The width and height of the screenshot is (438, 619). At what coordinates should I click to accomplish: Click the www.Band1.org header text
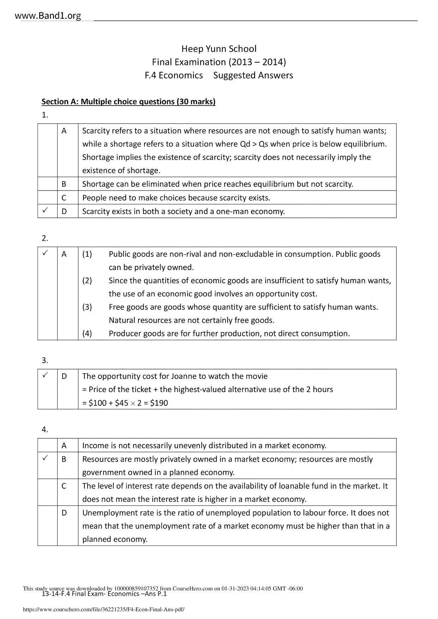pyautogui.click(x=48, y=16)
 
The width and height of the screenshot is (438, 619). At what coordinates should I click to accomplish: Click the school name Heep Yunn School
pyautogui.click(x=219, y=49)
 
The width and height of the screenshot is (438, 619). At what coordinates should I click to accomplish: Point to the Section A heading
pyautogui.click(x=128, y=102)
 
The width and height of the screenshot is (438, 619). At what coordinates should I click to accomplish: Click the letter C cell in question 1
pyautogui.click(x=64, y=198)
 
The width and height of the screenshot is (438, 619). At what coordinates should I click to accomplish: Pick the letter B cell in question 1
pyautogui.click(x=64, y=184)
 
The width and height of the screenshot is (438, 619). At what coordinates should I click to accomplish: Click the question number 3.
pyautogui.click(x=45, y=360)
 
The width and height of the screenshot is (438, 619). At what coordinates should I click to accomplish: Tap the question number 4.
pyautogui.click(x=45, y=429)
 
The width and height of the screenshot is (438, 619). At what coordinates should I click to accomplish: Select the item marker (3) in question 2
pyautogui.click(x=87, y=307)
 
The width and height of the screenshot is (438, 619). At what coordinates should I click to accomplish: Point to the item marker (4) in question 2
pyautogui.click(x=87, y=333)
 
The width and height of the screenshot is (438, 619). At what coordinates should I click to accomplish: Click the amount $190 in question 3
pyautogui.click(x=159, y=403)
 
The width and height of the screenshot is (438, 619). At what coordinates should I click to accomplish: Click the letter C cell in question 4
pyautogui.click(x=64, y=486)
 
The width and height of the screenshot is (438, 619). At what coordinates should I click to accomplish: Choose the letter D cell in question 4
pyautogui.click(x=64, y=513)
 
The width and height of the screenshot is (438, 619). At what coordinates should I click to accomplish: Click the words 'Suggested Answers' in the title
pyautogui.click(x=253, y=75)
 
